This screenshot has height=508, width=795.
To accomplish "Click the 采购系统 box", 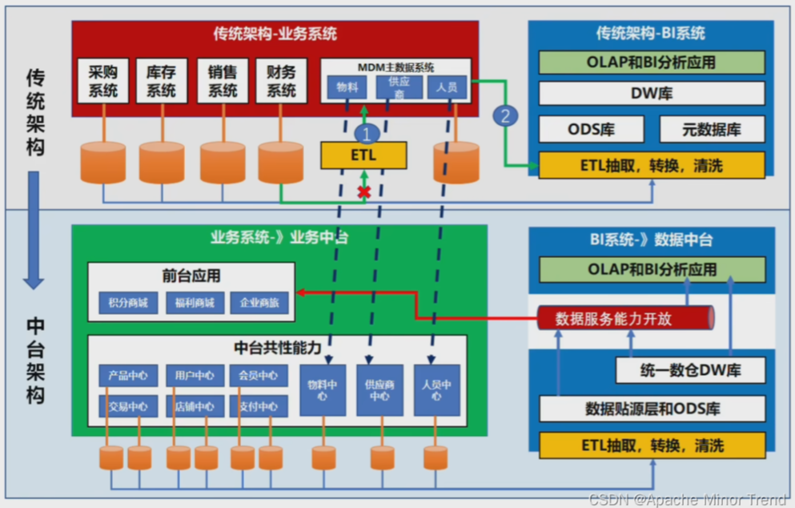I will pyautogui.click(x=103, y=81).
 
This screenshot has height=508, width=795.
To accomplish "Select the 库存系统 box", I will pyautogui.click(x=162, y=81).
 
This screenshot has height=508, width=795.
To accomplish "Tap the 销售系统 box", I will pyautogui.click(x=223, y=81).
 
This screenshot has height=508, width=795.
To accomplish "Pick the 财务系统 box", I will pyautogui.click(x=282, y=81).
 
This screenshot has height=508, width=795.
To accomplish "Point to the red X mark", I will pyautogui.click(x=364, y=192).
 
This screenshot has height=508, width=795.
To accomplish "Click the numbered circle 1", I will pyautogui.click(x=366, y=132).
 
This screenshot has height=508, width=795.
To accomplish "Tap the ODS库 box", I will pyautogui.click(x=592, y=129).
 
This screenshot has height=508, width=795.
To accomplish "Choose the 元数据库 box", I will pyautogui.click(x=712, y=129).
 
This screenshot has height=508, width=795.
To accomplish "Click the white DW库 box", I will pyautogui.click(x=652, y=94).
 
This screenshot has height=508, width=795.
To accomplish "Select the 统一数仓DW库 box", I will pyautogui.click(x=689, y=370).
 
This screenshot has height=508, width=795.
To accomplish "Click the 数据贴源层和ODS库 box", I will pyautogui.click(x=652, y=408).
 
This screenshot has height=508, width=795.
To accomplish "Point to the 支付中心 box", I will pyautogui.click(x=258, y=406).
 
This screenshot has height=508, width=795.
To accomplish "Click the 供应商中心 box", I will pyautogui.click(x=379, y=390).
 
